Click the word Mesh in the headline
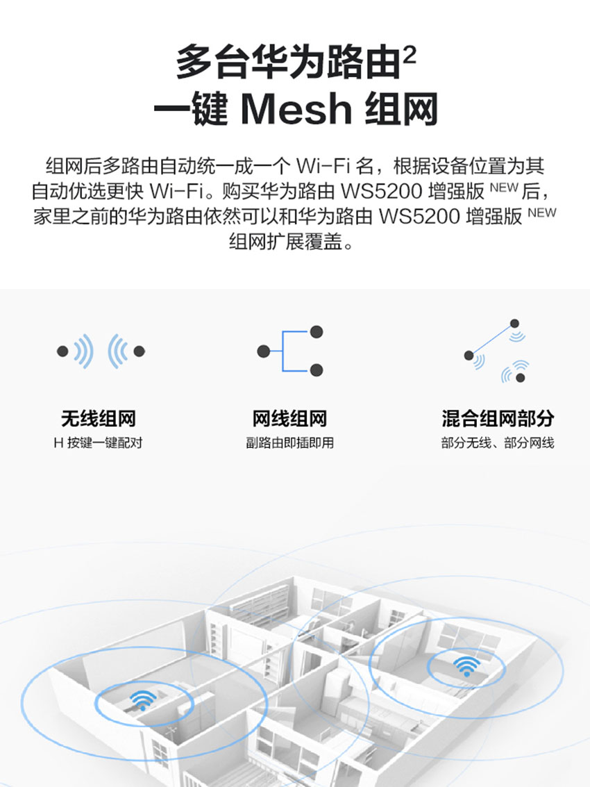[296, 109]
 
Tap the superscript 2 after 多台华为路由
[410, 55]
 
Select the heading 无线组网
[99, 419]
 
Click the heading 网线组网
[289, 419]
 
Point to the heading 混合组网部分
[498, 419]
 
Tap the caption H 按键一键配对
[99, 442]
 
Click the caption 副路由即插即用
[289, 442]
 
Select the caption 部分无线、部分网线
[498, 442]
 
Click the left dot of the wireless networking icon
[62, 351]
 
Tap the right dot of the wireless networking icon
[140, 351]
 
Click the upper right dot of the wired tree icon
[317, 332]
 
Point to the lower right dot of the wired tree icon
[317, 370]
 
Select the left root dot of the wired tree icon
[263, 351]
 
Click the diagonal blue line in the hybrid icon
[491, 340]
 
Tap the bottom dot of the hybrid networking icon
[521, 377]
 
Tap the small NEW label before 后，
[504, 188]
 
